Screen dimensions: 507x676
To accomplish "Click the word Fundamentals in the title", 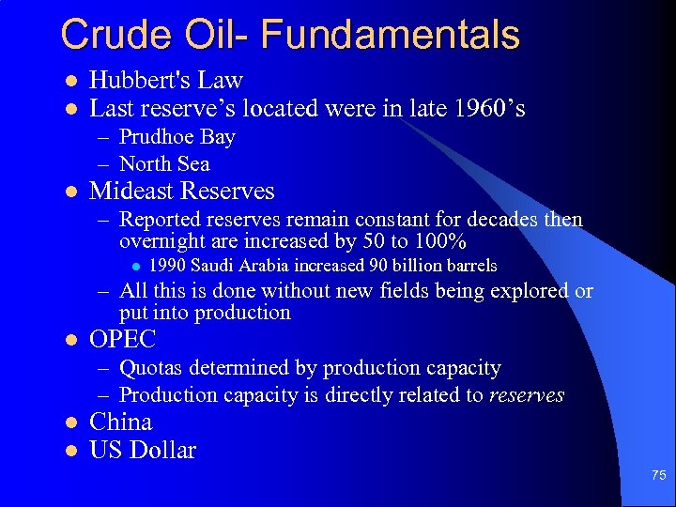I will pos(391,35).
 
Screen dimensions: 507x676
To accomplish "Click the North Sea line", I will pos(164,164).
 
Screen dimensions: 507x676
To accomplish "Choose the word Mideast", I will pos(131,192).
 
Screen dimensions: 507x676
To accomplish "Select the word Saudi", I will pos(214,266).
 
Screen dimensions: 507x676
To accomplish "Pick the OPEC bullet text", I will pos(122,340).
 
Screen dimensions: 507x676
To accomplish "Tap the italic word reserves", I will pos(527,395).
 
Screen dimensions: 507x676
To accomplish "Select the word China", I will pos(120,422).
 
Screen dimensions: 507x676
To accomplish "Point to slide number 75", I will pos(658,477).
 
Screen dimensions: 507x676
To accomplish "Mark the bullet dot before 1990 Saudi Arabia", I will pos(136,267).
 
